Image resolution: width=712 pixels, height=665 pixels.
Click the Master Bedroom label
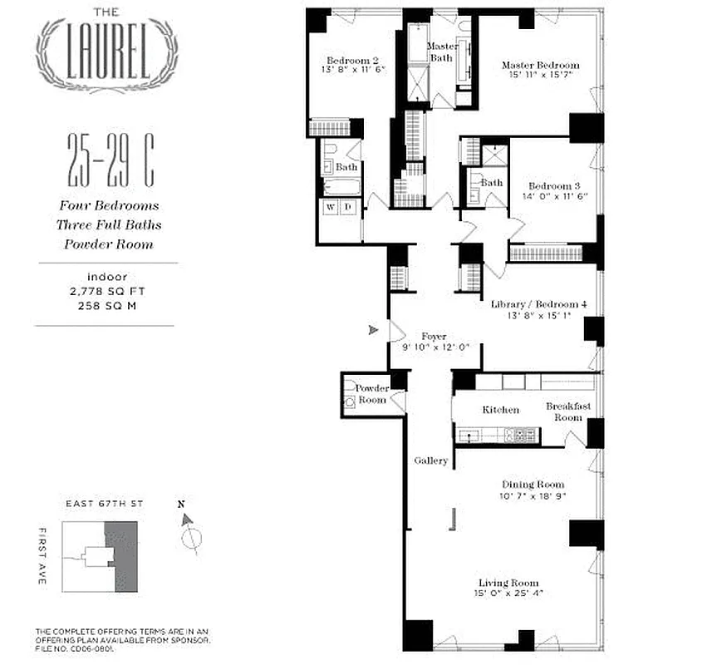tap(540, 66)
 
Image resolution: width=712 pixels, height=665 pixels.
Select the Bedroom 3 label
tap(552, 185)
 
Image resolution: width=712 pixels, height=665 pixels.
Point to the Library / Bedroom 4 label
tap(538, 305)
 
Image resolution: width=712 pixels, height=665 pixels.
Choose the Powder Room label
tap(371, 394)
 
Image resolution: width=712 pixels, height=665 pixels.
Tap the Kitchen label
tap(501, 410)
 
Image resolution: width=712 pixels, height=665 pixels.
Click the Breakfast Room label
tap(569, 411)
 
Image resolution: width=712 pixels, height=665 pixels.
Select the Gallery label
tap(431, 461)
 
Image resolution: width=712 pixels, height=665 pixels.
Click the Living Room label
tap(508, 583)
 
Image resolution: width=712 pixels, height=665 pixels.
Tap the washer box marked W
tap(331, 207)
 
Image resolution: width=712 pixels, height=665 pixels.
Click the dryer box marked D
tap(349, 207)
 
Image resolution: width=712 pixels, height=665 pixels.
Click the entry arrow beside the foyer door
tap(374, 330)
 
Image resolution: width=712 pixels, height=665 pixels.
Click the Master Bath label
tap(443, 52)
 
